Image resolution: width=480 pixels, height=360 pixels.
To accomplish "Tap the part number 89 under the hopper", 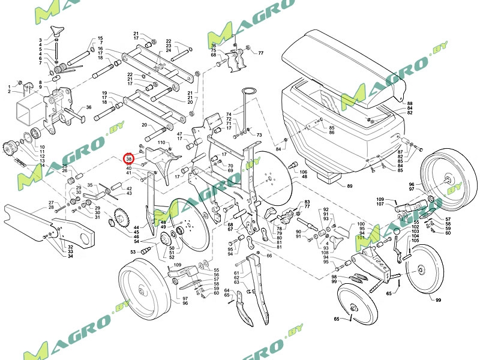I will point(350,187).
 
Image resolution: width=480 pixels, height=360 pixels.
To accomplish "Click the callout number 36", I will point(88,107).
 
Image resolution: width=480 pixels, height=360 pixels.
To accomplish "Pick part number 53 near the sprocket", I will point(133,252).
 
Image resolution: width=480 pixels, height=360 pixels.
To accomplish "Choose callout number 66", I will point(269,256).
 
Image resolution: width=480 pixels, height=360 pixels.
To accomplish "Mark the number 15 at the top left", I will point(100,38).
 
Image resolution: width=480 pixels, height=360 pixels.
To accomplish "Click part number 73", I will point(260,135).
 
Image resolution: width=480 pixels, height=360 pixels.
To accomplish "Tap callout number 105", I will point(416,241).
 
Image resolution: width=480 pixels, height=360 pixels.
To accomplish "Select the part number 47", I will point(179,133).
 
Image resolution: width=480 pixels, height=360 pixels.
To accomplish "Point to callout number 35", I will point(90,185).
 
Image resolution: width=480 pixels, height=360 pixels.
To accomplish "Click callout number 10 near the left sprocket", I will point(42,147).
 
